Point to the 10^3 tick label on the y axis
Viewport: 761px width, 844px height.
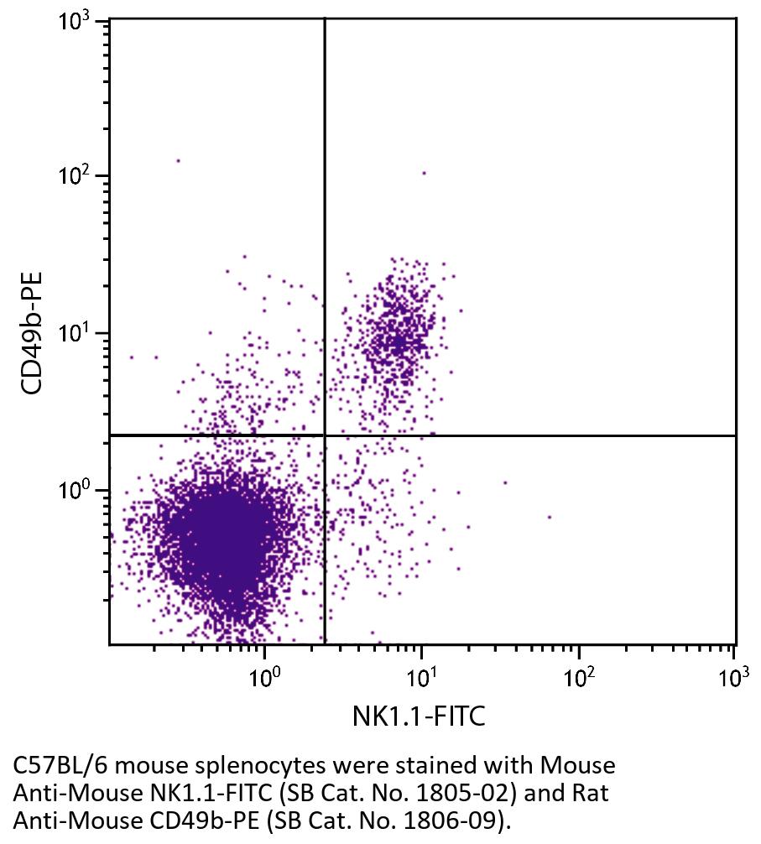78,23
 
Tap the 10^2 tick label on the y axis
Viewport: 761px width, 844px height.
78,178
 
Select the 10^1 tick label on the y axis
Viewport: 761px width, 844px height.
78,335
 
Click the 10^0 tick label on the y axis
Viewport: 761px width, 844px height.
78,492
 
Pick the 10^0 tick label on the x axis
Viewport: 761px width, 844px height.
265,675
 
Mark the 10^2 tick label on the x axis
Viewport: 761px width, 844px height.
578,675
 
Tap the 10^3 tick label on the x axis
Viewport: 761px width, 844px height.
733,675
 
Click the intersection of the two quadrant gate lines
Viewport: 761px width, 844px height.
324,435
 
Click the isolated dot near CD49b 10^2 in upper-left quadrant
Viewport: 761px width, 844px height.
178,160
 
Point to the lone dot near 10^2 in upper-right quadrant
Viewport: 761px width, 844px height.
424,174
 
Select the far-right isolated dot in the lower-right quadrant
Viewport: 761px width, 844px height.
549,517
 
